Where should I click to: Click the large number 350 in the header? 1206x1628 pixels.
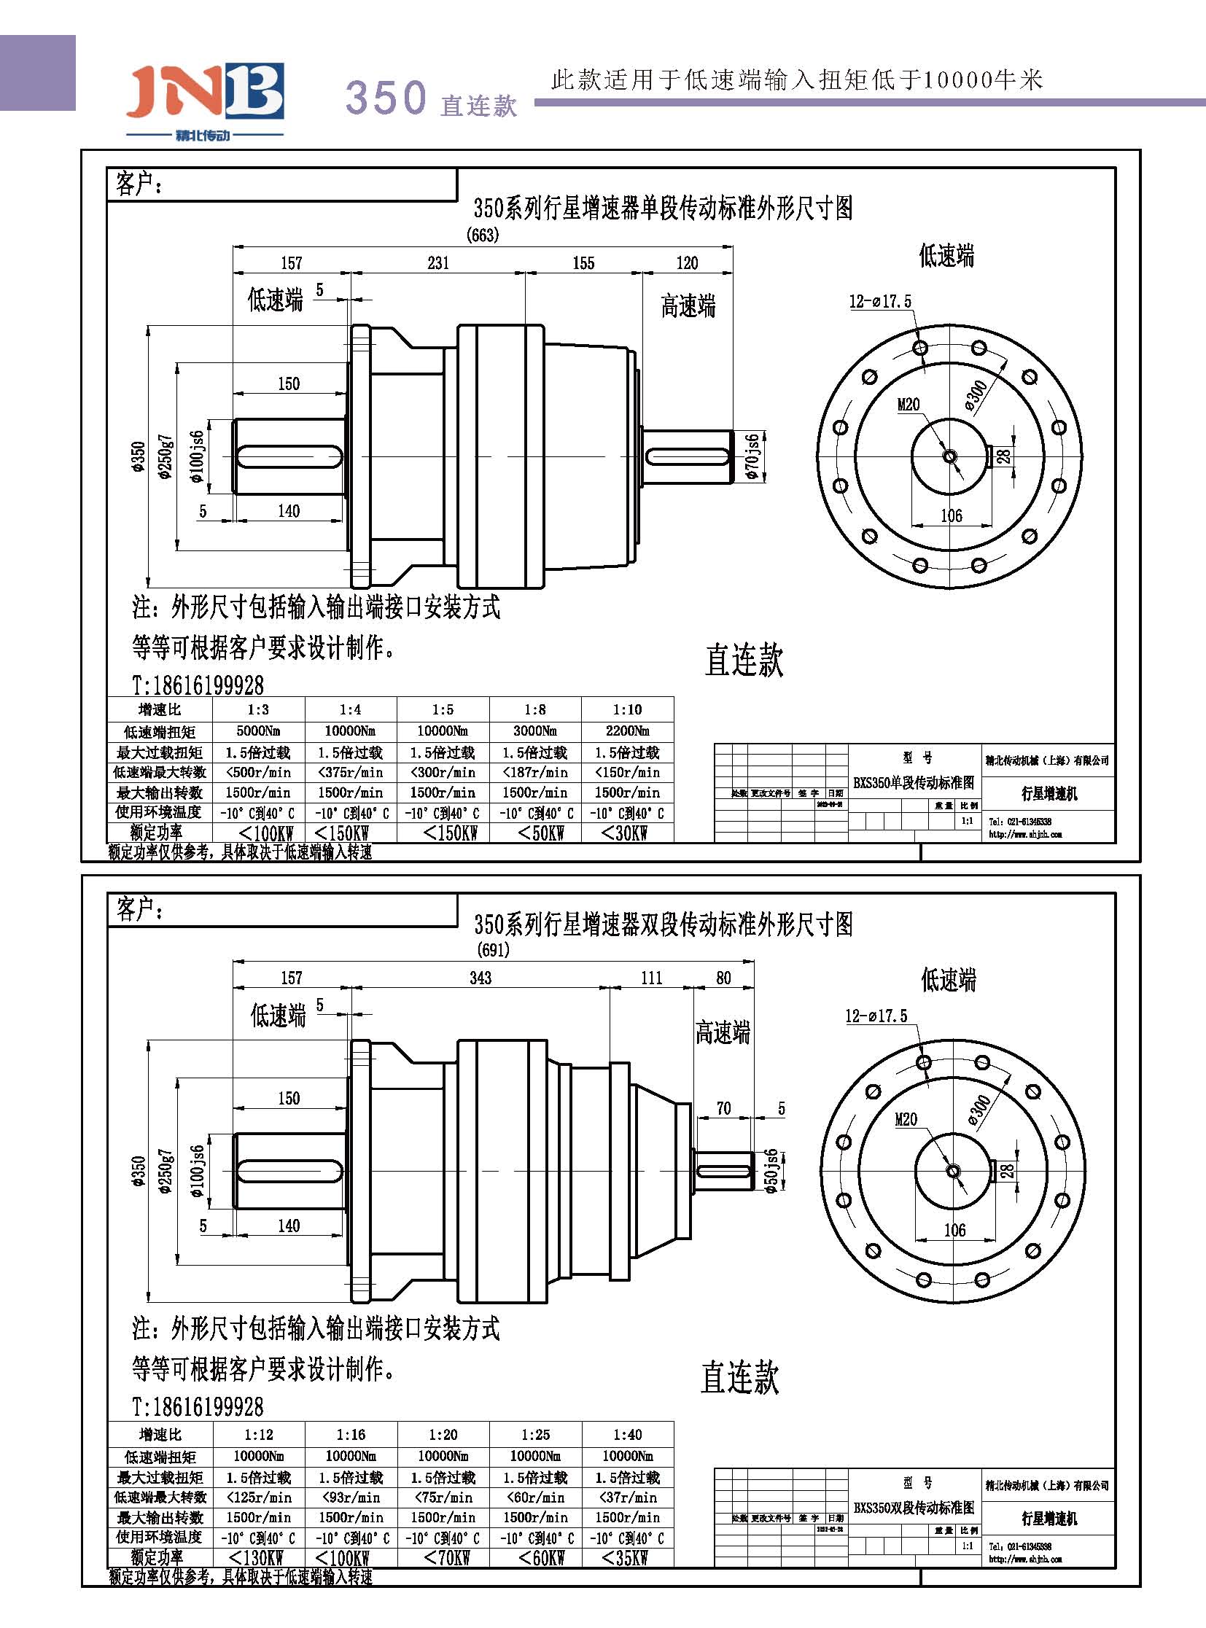pyautogui.click(x=386, y=97)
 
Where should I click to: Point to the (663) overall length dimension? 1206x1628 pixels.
pyautogui.click(x=483, y=235)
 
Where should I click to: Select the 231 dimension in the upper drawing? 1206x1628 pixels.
pyautogui.click(x=438, y=262)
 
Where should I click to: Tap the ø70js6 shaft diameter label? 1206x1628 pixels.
pyautogui.click(x=752, y=457)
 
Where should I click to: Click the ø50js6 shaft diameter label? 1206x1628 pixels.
pyautogui.click(x=771, y=1171)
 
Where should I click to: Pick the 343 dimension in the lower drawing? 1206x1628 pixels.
pyautogui.click(x=481, y=978)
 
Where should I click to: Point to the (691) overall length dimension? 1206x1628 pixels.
pyautogui.click(x=493, y=950)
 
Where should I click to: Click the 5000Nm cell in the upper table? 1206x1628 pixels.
pyautogui.click(x=258, y=731)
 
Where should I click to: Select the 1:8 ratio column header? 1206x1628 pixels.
pyautogui.click(x=535, y=709)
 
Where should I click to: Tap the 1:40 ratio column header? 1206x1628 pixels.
pyautogui.click(x=627, y=1435)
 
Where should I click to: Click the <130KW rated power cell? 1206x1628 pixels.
pyautogui.click(x=257, y=1558)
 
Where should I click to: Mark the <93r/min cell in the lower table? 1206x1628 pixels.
pyautogui.click(x=351, y=1497)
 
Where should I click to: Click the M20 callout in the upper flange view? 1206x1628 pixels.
pyautogui.click(x=909, y=405)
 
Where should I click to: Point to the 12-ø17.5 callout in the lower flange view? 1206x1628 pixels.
pyautogui.click(x=876, y=1016)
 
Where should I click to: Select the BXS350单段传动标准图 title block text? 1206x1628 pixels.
pyautogui.click(x=914, y=782)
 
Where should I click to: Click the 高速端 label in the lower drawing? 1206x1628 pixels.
pyautogui.click(x=723, y=1032)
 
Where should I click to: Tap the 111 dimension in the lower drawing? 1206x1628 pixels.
pyautogui.click(x=651, y=978)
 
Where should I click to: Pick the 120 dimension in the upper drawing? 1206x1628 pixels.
pyautogui.click(x=687, y=262)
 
